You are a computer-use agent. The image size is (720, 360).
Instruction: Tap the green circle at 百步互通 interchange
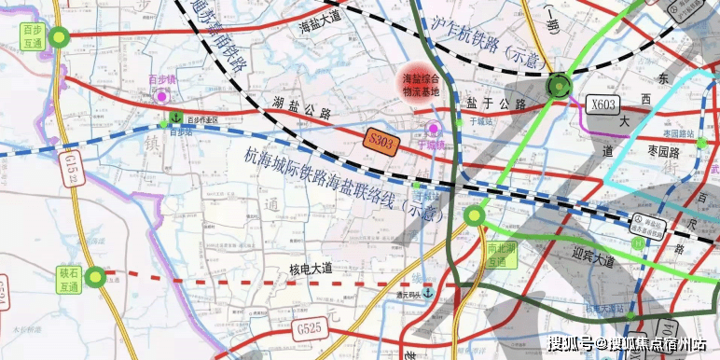click(60, 37)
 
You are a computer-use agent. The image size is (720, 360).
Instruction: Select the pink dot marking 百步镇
click(161, 95)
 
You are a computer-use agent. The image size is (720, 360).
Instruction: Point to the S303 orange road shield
click(381, 140)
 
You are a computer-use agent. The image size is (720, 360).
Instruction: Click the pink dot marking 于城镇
click(433, 129)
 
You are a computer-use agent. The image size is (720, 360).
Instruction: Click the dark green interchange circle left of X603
click(559, 87)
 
